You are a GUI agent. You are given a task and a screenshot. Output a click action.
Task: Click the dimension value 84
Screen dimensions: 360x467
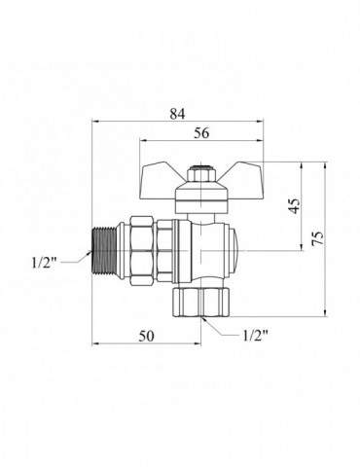(x=177, y=114)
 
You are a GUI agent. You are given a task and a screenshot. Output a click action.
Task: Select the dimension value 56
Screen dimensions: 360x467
(x=201, y=133)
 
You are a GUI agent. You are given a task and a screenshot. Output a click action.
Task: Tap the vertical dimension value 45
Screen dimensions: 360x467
(x=295, y=206)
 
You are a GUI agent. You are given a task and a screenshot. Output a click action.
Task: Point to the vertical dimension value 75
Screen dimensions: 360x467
(x=318, y=238)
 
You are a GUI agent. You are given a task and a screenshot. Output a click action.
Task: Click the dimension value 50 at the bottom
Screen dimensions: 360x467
(x=146, y=336)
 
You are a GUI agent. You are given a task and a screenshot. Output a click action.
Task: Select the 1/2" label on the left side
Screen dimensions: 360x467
(x=45, y=263)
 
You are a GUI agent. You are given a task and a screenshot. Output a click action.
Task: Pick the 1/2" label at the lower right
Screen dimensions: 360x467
(x=256, y=336)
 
